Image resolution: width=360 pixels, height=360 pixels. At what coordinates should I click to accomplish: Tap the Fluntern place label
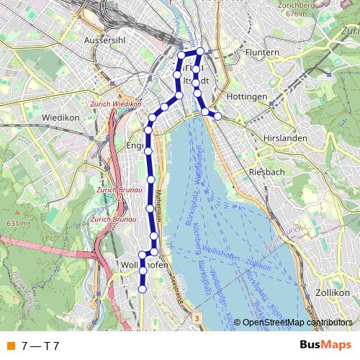pyautogui.click(x=262, y=53)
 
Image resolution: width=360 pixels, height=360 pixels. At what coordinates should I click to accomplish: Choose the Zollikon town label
pyautogui.click(x=332, y=294)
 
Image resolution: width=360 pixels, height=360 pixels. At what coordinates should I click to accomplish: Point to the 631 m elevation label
pyautogui.click(x=17, y=224)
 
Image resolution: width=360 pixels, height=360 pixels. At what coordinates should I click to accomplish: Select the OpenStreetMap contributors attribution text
pyautogui.click(x=297, y=323)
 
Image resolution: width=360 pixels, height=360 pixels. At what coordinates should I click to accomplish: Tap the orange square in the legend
pyautogui.click(x=9, y=346)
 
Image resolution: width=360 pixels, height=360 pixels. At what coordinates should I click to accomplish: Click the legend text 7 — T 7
pyautogui.click(x=40, y=346)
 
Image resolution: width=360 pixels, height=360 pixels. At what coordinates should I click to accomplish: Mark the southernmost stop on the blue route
pyautogui.click(x=143, y=289)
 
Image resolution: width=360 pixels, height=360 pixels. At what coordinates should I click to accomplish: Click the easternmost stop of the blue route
pyautogui.click(x=217, y=116)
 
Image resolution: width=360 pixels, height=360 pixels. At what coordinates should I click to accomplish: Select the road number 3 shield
pyautogui.click(x=197, y=318)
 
